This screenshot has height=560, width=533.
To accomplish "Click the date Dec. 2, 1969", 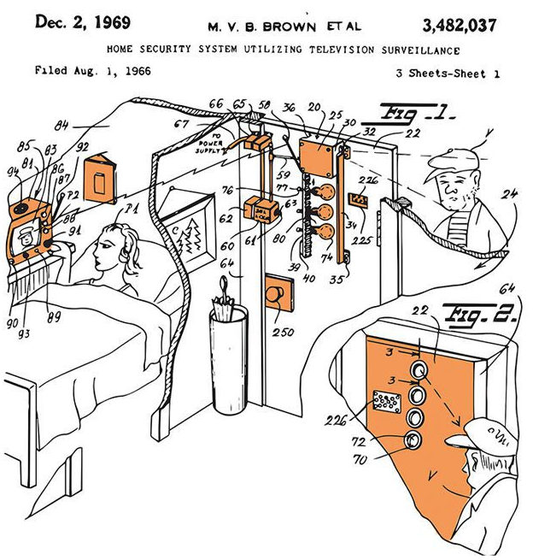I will click(x=82, y=21).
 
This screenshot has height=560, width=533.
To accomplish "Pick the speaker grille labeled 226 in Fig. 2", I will click(x=386, y=401).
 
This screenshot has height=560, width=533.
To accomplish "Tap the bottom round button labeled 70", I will click(x=413, y=441).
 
